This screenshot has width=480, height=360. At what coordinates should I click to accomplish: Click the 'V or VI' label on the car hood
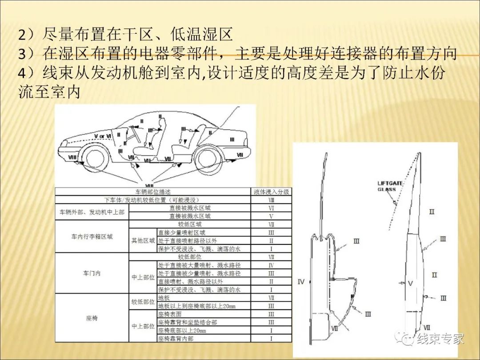pos(102,135)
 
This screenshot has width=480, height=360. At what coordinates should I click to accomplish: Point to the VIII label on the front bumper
pos(72,157)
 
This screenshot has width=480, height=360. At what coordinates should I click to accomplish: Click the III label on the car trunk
pos(232,139)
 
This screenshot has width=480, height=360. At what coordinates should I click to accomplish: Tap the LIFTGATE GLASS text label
pos(389,186)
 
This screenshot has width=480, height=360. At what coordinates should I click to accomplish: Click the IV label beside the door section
pos(301,282)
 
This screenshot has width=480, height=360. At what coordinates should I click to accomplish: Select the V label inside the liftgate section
pos(410,283)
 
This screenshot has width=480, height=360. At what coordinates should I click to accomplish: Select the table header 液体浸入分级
pos(271,192)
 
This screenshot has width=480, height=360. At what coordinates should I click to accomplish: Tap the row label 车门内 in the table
pos(92,273)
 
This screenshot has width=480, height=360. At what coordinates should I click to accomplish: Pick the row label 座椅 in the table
pos(92,318)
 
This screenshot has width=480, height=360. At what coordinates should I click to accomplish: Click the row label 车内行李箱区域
pos(92,237)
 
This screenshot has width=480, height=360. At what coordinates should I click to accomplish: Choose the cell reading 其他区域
pos(143,241)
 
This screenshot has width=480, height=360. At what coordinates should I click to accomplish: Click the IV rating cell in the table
pos(271,265)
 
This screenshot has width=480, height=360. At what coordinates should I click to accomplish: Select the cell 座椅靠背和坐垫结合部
pos(188,322)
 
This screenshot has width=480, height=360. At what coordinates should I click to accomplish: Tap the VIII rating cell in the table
pos(271,200)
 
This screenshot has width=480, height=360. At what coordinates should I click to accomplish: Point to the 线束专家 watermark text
pos(440,339)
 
